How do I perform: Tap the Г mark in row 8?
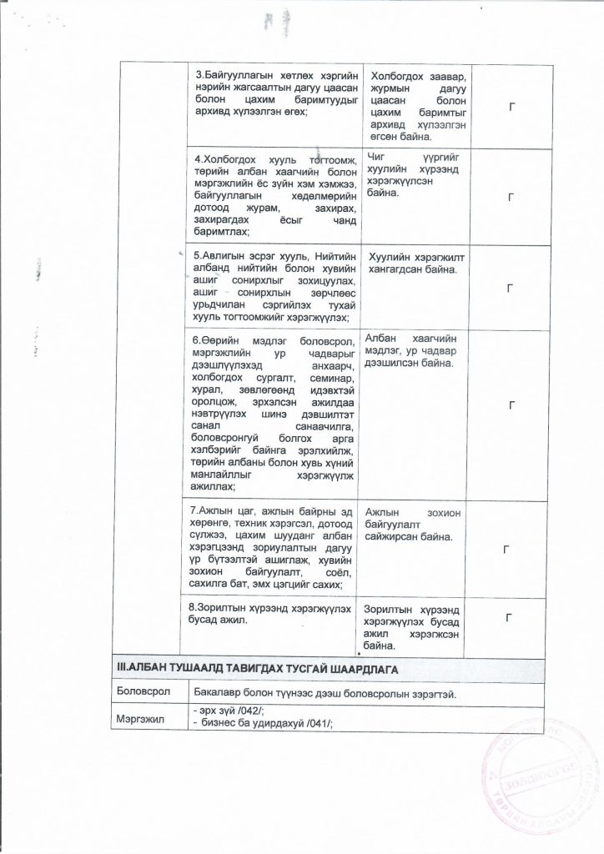510,617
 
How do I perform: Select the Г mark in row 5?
510,287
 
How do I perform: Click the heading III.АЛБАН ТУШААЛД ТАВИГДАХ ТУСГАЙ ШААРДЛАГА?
262,669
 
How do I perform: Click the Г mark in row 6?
510,404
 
